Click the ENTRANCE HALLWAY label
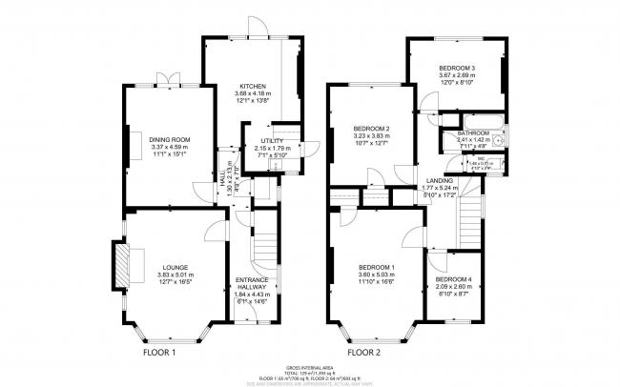pos(253,284)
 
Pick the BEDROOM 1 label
pos(373,268)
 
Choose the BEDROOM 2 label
pos(372,129)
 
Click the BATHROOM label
pos(473,132)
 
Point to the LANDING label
pos(440,179)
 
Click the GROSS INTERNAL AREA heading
pos(309,366)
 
